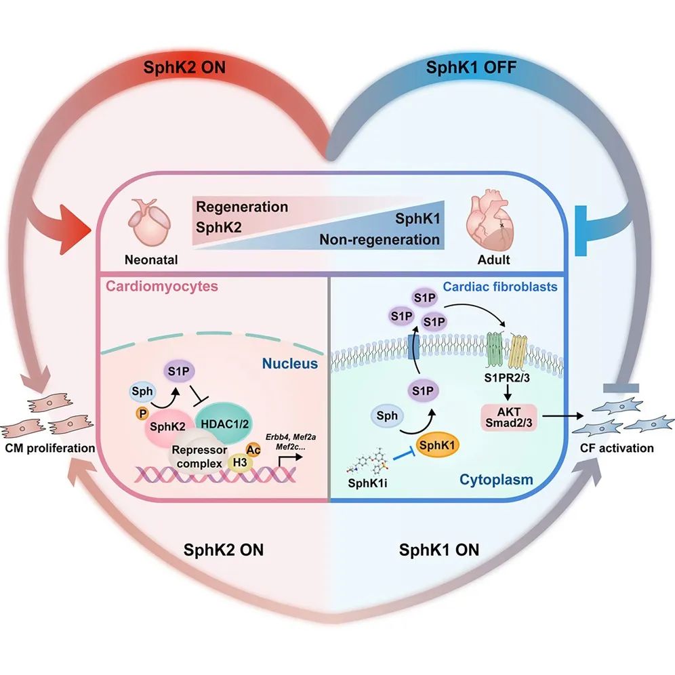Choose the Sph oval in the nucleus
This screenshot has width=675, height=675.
138,392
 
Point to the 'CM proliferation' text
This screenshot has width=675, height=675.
47,448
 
